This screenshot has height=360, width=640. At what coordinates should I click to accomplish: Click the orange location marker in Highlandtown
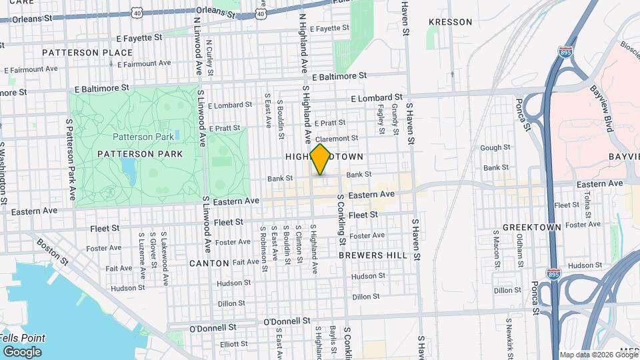[321, 159]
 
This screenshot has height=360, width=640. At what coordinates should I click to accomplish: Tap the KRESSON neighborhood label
[450, 22]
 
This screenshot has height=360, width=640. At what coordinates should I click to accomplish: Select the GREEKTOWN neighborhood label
[531, 227]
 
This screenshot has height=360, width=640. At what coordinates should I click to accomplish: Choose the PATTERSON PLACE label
[79, 52]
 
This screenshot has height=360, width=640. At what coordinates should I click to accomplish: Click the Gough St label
[495, 148]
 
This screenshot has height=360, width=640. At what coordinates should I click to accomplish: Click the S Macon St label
[497, 247]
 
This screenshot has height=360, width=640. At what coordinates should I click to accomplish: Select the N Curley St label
[209, 53]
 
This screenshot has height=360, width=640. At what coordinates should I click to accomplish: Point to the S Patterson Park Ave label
[70, 159]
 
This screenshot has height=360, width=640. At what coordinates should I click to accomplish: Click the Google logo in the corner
[21, 351]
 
